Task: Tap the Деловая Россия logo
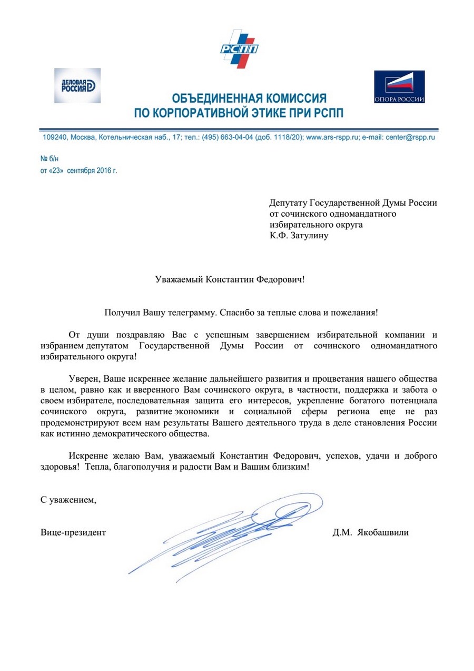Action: pos(77,85)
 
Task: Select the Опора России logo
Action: pos(399,87)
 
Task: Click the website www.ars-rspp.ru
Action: pos(332,137)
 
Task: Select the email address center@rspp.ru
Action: pos(410,137)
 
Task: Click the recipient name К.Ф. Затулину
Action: pos(299,236)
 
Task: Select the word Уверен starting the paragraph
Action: pos(84,379)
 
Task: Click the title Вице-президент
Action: pos(73,532)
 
